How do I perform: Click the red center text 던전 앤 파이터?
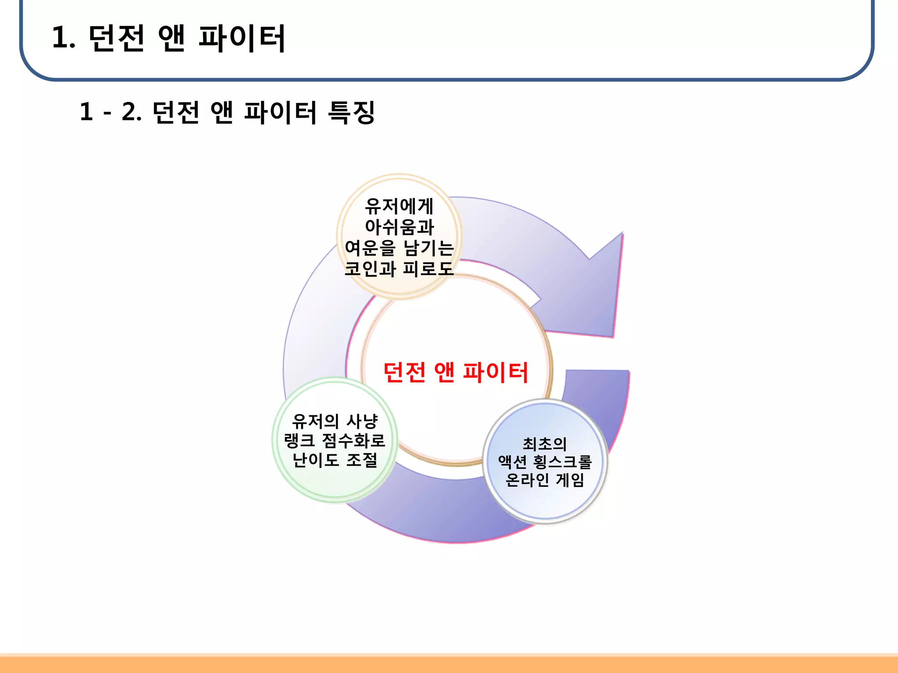click(456, 372)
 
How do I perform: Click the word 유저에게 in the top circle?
click(399, 206)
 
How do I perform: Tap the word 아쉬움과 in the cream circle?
click(399, 227)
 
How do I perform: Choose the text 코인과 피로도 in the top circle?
click(399, 269)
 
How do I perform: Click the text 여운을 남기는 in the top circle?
click(399, 248)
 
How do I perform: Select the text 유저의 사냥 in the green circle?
click(335, 422)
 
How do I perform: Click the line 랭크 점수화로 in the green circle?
click(335, 441)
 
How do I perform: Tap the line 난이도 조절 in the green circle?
click(335, 460)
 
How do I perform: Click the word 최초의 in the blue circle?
click(545, 444)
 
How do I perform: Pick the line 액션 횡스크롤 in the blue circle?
click(545, 462)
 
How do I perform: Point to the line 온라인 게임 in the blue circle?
click(545, 480)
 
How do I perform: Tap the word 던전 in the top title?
click(116, 38)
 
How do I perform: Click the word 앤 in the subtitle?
click(221, 112)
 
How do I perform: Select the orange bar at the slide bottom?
click(449, 663)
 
